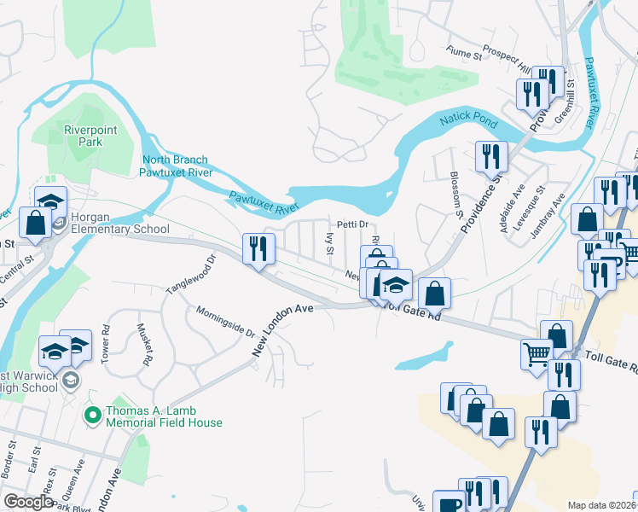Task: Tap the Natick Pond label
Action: pos(468,121)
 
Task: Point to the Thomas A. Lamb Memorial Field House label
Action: pos(163,416)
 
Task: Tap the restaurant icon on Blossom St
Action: pos(491,156)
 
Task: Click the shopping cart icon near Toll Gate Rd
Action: pos(536,352)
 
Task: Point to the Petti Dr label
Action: pos(351,224)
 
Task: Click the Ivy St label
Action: pos(329,244)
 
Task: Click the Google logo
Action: pos(28,502)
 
